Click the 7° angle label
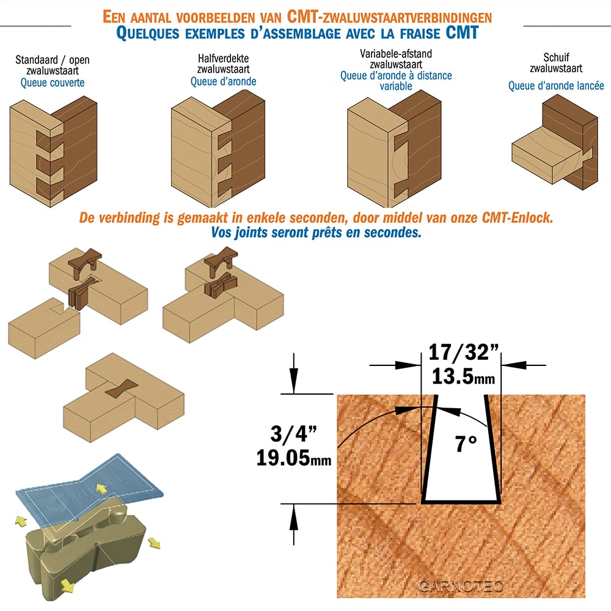(466, 444)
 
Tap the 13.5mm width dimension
(463, 376)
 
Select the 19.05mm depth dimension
(293, 458)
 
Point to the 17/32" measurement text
(463, 353)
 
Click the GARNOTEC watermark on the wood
(461, 587)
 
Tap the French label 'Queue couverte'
(53, 82)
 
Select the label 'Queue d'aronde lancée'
(556, 86)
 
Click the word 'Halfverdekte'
(223, 59)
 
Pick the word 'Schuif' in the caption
(556, 57)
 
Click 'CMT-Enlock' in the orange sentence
(517, 218)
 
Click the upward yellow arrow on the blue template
(102, 488)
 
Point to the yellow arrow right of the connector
(155, 543)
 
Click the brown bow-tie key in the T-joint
(122, 389)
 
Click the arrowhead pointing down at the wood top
(293, 381)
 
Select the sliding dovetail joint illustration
(555, 142)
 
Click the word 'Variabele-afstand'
(396, 54)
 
